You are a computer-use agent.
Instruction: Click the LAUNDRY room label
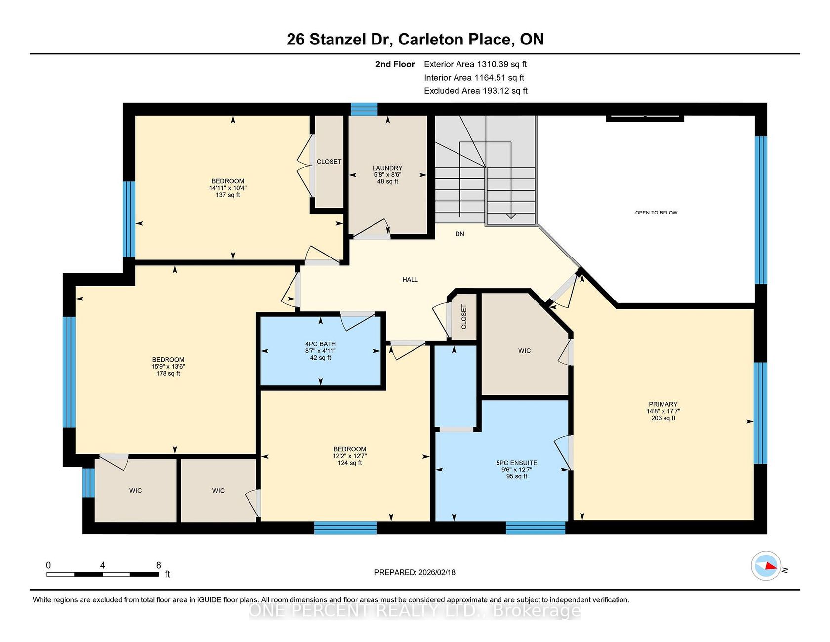pos(387,168)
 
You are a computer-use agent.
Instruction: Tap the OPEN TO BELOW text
pos(656,213)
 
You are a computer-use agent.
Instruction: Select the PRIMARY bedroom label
pos(663,404)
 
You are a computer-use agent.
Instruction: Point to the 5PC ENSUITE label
pos(517,463)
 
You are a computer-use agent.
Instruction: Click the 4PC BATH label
pos(321,344)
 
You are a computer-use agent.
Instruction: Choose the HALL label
pos(410,280)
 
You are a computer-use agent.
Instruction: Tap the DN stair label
pos(459,234)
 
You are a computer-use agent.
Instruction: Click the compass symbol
pos(766,566)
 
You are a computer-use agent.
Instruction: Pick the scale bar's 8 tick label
pos(158,565)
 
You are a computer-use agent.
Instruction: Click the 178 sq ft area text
pos(168,374)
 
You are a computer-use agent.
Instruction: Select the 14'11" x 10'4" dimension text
pos(228,188)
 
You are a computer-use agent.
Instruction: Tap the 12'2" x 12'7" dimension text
pos(350,456)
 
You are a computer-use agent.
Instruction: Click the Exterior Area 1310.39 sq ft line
pos(475,64)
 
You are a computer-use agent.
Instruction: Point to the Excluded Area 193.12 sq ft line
pos(476,91)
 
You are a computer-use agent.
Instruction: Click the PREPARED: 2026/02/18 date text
pos(415,572)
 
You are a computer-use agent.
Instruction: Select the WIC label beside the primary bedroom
pos(525,351)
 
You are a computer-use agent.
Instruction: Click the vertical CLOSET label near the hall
pos(464,317)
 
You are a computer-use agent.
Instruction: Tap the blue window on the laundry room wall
pos(364,109)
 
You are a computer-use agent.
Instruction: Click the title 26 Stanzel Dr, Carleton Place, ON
pos(415,39)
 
